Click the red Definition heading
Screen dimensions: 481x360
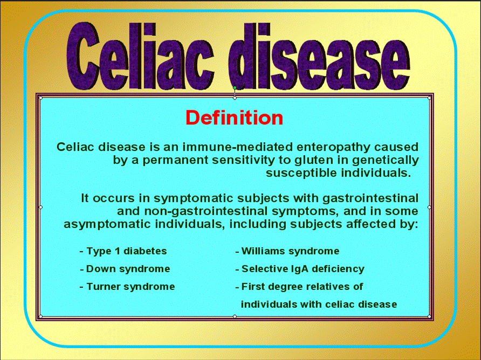tap(235, 117)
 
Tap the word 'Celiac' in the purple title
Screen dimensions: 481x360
tap(140, 56)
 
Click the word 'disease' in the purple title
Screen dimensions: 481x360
tap(319, 57)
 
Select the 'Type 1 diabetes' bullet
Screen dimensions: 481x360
tap(123, 251)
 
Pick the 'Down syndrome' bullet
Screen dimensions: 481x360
tap(125, 269)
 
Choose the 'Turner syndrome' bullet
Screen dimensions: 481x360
tap(127, 287)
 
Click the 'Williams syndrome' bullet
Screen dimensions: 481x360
tap(287, 251)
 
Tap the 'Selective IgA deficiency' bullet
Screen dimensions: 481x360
tap(300, 269)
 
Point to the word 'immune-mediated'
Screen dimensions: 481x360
tap(238, 147)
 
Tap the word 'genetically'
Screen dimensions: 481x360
tap(386, 160)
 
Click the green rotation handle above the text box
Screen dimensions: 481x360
tap(235, 88)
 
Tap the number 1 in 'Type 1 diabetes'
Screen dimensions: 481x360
tap(118, 251)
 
